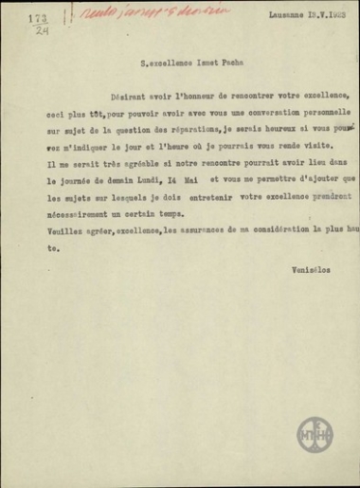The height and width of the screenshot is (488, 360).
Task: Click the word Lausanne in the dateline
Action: coord(270,29)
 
